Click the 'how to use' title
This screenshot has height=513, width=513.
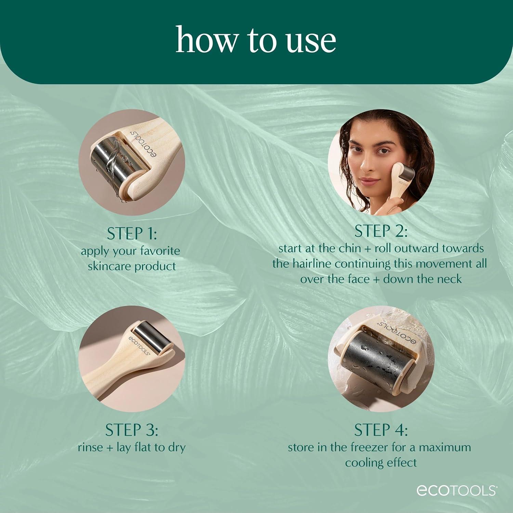point(256,40)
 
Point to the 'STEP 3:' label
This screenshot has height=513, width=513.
point(132,430)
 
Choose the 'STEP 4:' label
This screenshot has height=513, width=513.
point(381,430)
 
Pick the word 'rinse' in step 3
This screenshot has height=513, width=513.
point(90,447)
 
